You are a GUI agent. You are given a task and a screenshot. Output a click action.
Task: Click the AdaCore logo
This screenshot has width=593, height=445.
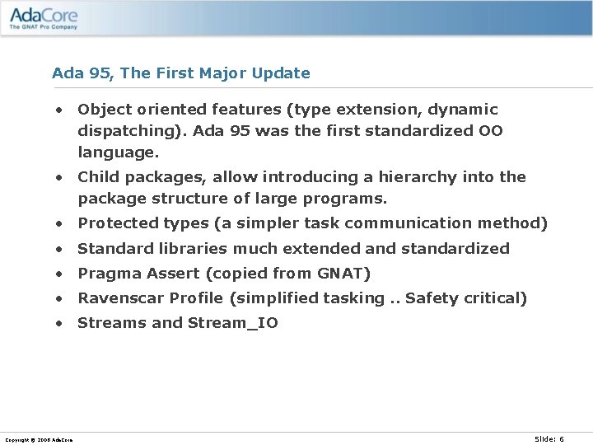pyautogui.click(x=43, y=16)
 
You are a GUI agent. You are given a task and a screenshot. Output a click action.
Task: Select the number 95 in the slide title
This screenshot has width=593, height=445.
pyautogui.click(x=100, y=73)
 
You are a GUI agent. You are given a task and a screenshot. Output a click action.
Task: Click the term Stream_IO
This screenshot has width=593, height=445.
pyautogui.click(x=233, y=323)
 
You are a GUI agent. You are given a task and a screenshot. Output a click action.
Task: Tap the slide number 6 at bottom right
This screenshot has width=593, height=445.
pyautogui.click(x=562, y=439)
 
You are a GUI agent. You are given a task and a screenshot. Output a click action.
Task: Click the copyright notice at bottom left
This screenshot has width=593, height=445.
pyautogui.click(x=38, y=440)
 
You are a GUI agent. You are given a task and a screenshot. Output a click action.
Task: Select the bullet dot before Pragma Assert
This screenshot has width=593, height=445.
pyautogui.click(x=60, y=274)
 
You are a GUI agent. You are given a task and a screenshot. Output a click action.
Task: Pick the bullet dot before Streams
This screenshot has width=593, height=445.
pyautogui.click(x=60, y=324)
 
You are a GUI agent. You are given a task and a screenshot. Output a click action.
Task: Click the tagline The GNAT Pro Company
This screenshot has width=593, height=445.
pyautogui.click(x=44, y=27)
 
